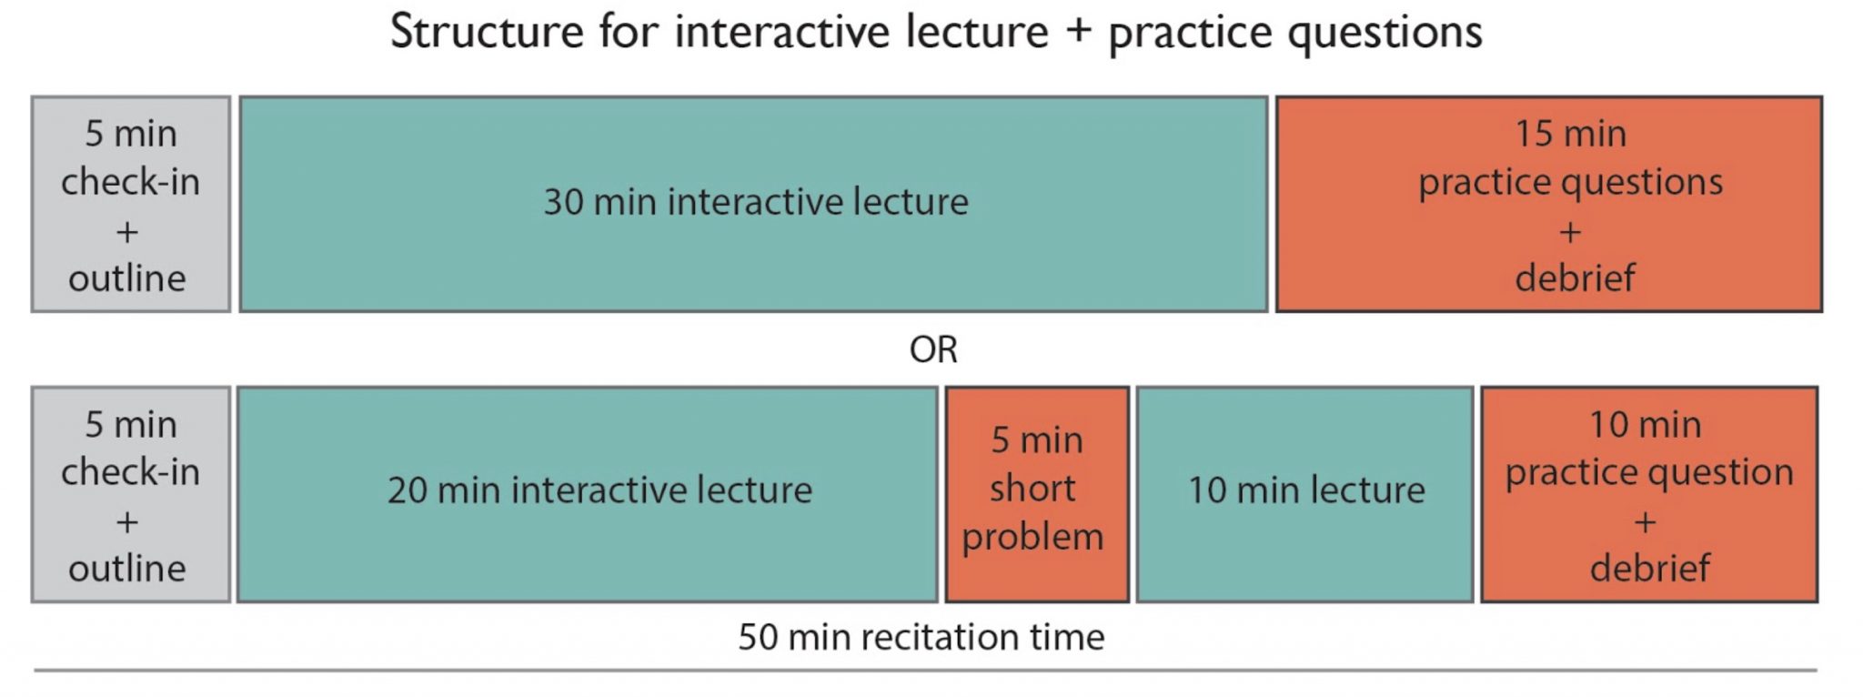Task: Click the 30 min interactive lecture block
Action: point(753,204)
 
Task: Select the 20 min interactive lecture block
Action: point(588,494)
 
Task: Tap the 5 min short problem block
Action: point(1037,494)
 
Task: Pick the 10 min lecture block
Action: point(1304,494)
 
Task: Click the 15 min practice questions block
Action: point(1548,204)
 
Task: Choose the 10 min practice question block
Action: point(1648,494)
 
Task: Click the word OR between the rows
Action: point(933,349)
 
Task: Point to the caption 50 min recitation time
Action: point(921,637)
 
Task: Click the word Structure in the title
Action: point(487,32)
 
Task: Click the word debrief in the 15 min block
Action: point(1575,278)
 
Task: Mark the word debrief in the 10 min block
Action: point(1649,568)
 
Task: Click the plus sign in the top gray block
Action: point(127,232)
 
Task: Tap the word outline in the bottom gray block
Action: point(127,568)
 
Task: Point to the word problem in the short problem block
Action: point(1032,537)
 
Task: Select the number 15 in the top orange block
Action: point(1534,134)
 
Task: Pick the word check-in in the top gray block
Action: point(130,182)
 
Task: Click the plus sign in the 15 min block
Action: point(1570,232)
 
